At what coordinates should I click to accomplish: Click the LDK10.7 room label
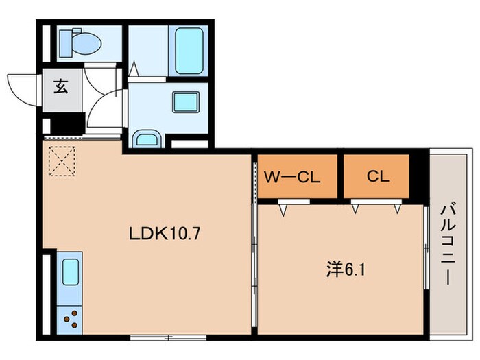coord(165,234)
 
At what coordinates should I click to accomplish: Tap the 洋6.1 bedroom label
coord(346,269)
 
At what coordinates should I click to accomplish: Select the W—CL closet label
coord(292,177)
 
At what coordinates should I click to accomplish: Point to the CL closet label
coord(378,176)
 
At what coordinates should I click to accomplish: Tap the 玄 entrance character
coord(61,86)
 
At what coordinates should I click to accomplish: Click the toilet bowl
coord(86,44)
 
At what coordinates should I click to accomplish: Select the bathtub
coord(189,51)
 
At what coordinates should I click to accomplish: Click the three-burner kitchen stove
coord(71,319)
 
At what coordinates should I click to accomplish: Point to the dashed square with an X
coord(62,161)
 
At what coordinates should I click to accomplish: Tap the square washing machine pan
coord(186,102)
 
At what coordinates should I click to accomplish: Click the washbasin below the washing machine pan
coord(147,139)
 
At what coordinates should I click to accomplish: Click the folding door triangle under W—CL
coord(283,211)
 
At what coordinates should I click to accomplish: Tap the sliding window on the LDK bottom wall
coord(168,337)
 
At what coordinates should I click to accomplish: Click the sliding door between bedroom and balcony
coord(427,248)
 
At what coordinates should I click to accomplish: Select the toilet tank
coord(66,43)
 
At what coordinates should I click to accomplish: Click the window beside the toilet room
coord(46,43)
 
